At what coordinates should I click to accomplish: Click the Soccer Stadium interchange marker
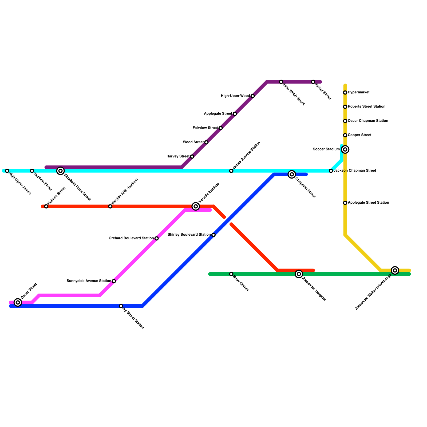(345, 149)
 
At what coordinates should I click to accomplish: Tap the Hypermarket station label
(358, 92)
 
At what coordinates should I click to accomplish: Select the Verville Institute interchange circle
(196, 206)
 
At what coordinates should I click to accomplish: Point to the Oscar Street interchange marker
(18, 302)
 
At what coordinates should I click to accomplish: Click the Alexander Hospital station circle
(299, 274)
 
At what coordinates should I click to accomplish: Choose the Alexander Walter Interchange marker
(395, 270)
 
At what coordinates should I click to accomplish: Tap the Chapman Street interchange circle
(292, 174)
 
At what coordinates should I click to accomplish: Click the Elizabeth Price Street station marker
(61, 171)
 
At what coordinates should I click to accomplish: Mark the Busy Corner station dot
(231, 274)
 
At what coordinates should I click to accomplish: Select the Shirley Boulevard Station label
(189, 235)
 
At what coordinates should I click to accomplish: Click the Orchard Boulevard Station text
(131, 238)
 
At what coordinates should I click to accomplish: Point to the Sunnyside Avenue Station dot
(114, 281)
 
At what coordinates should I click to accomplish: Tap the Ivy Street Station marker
(121, 306)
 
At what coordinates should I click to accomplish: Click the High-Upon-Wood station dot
(253, 96)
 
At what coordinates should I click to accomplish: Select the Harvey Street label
(178, 156)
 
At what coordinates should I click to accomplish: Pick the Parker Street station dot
(313, 82)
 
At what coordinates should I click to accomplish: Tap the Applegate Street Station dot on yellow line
(345, 203)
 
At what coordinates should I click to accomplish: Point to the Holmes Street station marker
(46, 206)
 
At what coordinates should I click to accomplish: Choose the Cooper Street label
(359, 135)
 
